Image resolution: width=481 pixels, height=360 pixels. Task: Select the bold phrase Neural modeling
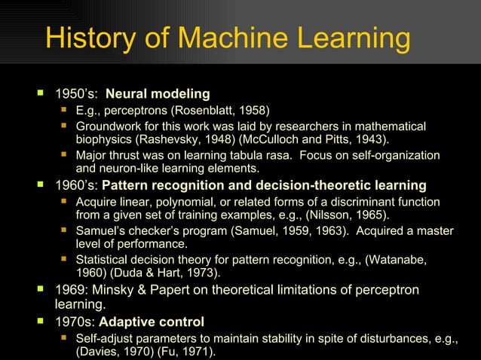[158, 94]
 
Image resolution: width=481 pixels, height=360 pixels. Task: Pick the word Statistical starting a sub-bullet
[104, 259]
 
